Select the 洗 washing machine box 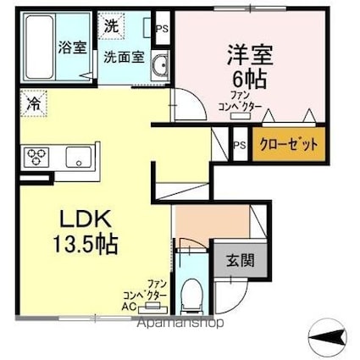pyautogui.click(x=112, y=26)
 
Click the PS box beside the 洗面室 pyautogui.click(x=162, y=27)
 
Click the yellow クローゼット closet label pyautogui.click(x=288, y=144)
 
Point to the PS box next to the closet pyautogui.click(x=240, y=145)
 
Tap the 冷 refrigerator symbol pyautogui.click(x=32, y=105)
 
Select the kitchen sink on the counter pyautogui.click(x=80, y=156)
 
